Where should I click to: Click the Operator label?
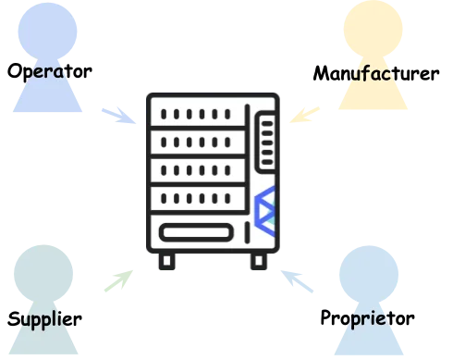50,72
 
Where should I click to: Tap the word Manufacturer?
376,73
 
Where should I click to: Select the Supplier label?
44,320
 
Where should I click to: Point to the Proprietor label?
367,318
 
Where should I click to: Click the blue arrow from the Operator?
119,116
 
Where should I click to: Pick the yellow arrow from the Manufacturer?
304,115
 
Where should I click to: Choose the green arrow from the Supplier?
118,280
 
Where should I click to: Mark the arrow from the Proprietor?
297,281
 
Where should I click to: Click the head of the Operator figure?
47,31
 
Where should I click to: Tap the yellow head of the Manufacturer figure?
373,29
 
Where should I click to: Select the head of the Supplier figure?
43,274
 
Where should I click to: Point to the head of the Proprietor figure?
369,274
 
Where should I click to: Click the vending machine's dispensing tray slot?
196,232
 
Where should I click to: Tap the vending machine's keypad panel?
265,142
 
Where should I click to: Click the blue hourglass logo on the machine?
265,211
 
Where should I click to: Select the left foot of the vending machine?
166,261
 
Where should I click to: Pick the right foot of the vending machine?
259,261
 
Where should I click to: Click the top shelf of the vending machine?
197,112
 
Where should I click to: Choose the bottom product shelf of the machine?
197,198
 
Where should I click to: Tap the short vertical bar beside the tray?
247,232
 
